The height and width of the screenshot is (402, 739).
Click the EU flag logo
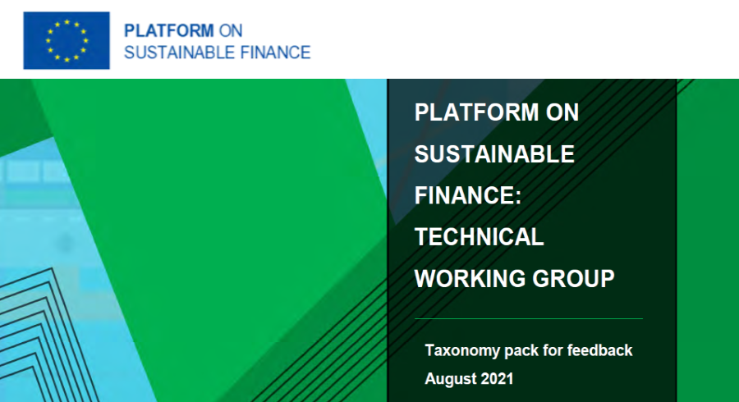[67, 40]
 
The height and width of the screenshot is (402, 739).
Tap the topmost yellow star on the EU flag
[67, 21]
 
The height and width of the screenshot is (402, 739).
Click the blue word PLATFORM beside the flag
[168, 30]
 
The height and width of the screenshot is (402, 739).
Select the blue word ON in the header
[231, 30]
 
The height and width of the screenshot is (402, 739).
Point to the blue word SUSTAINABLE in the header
[180, 53]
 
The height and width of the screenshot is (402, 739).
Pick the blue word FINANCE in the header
[275, 53]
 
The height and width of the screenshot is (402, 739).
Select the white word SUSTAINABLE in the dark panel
[494, 154]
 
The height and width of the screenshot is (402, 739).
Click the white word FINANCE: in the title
[468, 195]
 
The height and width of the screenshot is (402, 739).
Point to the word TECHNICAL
[480, 237]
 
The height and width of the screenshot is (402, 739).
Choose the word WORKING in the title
[470, 278]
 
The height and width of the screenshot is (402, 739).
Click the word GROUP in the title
[574, 278]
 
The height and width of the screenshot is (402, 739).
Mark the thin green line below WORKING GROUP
[528, 318]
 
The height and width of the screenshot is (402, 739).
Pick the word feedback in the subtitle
[600, 350]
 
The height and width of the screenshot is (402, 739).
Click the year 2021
[497, 378]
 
